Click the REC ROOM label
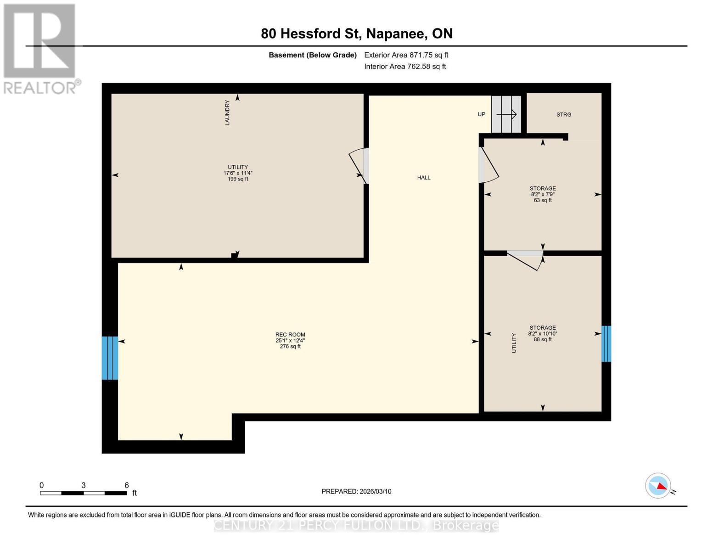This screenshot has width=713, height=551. (290, 335)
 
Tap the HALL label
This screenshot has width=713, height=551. (424, 178)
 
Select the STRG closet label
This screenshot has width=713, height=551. (564, 115)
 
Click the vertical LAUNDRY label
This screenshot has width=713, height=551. (227, 113)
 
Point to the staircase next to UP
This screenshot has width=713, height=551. (506, 114)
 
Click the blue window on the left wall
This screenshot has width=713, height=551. (110, 358)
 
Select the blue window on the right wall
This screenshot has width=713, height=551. (606, 343)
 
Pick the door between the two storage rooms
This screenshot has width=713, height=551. (525, 260)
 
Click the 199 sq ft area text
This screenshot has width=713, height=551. (238, 179)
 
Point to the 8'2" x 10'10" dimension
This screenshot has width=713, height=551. (543, 334)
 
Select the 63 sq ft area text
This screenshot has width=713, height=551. (543, 200)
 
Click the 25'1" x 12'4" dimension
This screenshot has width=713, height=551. (290, 341)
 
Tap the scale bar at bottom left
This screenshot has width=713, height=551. (84, 493)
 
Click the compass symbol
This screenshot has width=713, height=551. (658, 486)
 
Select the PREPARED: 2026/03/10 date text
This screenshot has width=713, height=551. (356, 491)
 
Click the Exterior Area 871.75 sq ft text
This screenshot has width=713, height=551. (406, 55)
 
